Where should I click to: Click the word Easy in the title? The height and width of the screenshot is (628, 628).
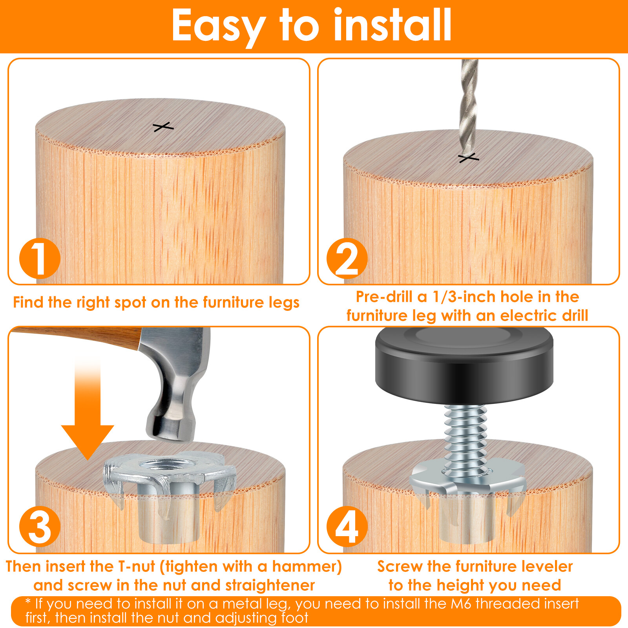coord(218,26)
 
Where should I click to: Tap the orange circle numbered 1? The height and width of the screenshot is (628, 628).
coord(40,258)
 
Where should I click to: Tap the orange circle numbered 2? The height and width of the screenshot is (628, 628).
coord(347,258)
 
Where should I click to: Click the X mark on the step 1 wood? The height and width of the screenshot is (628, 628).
coord(163,127)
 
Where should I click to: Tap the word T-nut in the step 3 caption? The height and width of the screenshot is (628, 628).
coord(137,566)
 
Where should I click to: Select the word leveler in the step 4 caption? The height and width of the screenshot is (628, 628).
coord(544,566)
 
